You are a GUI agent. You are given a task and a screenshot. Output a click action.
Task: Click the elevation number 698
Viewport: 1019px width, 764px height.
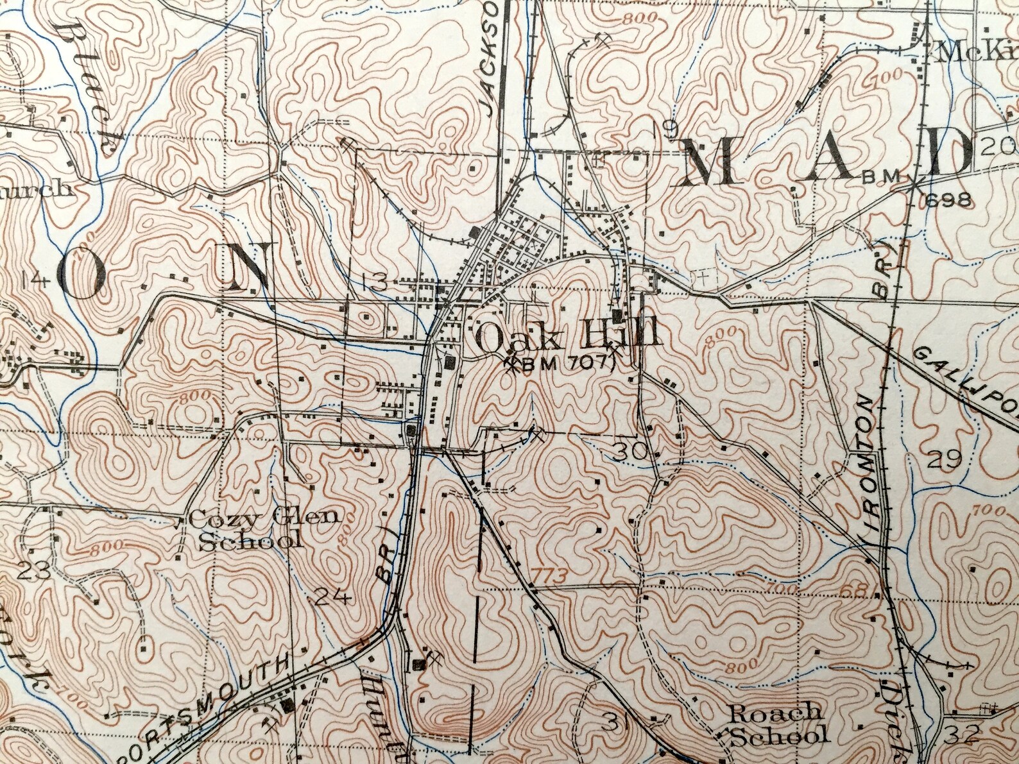(x=948, y=200)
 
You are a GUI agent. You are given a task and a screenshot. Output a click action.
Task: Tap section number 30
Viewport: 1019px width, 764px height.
(x=629, y=452)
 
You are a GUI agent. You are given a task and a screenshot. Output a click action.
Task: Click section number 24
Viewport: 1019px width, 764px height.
(x=332, y=598)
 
